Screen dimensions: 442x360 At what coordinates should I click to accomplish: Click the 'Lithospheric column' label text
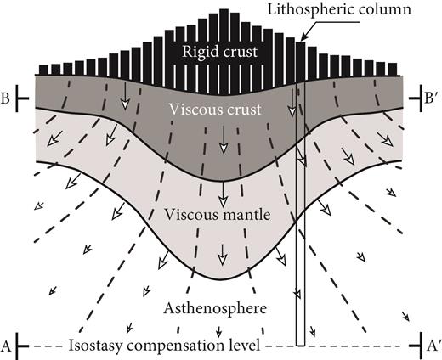339,9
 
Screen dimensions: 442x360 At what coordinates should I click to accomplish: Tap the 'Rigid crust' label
219,52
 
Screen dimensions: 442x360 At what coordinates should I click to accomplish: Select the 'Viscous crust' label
215,110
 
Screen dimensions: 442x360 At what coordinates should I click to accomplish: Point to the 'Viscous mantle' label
218,215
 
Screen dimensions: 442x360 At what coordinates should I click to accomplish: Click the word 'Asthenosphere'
215,308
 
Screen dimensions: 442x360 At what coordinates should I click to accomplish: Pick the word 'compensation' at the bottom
173,346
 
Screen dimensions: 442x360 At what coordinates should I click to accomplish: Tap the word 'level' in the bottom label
241,346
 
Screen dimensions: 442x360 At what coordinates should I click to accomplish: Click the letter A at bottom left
6,346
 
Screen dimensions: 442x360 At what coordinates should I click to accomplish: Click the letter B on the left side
5,98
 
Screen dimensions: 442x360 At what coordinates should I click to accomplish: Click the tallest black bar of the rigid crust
224,52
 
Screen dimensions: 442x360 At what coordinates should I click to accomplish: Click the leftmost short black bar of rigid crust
43,70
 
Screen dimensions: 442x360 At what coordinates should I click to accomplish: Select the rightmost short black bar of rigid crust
393,70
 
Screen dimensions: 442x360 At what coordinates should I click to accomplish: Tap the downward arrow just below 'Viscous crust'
224,139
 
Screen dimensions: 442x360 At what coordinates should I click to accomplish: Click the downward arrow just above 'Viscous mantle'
224,194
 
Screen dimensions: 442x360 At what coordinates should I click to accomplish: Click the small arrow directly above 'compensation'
218,332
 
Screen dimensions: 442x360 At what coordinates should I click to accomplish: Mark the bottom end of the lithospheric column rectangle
300,346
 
